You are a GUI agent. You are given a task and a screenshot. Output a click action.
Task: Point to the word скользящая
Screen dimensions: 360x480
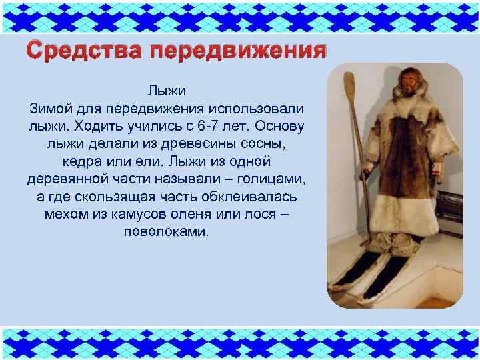(x=133, y=197)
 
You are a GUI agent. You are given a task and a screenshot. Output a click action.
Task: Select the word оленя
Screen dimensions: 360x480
(x=205, y=215)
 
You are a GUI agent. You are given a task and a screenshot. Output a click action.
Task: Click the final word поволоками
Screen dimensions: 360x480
(x=166, y=233)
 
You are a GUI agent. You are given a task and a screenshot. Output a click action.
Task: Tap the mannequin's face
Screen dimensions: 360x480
(x=405, y=84)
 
